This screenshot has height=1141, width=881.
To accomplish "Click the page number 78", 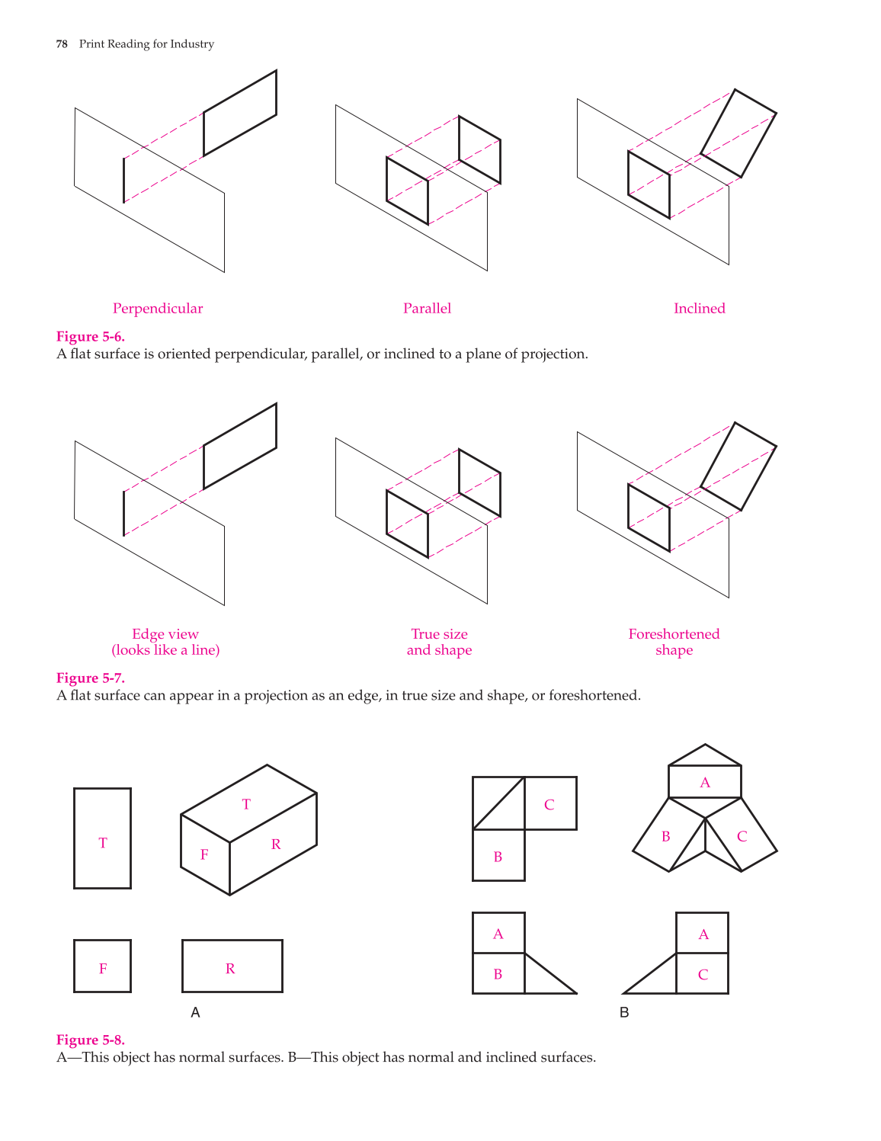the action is click(62, 44).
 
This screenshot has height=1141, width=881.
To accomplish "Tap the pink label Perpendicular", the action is click(158, 309).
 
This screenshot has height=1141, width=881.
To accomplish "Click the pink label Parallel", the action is click(427, 308).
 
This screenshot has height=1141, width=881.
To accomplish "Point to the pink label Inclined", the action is click(700, 308).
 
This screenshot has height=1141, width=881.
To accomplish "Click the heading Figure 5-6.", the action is click(90, 337).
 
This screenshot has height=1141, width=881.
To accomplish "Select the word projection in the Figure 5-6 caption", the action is click(557, 354).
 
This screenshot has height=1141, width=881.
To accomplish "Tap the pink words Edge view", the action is click(165, 634).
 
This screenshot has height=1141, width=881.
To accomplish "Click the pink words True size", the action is click(440, 634).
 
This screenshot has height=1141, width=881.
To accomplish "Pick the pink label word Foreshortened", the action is click(674, 634).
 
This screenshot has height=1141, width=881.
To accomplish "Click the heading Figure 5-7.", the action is click(90, 678).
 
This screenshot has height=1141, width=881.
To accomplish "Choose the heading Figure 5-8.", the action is click(90, 1040).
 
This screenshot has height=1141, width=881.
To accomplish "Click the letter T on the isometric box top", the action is click(246, 804).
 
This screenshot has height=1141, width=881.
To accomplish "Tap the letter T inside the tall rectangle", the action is click(103, 843).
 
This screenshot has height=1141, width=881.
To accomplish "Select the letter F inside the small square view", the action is click(103, 969).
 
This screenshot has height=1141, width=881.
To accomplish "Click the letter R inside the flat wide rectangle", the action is click(230, 969).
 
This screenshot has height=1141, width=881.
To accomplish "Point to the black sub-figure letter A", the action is click(195, 1012).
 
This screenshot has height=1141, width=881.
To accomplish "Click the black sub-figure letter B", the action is click(624, 1012).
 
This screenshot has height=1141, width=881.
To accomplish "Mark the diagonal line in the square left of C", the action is click(498, 803).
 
